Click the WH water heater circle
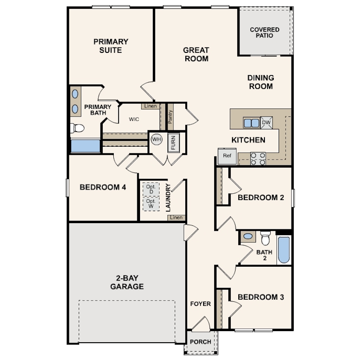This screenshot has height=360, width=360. click(x=156, y=139)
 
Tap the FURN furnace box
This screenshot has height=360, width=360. click(x=174, y=143)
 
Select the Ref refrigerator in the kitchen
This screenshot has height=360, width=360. click(x=227, y=156)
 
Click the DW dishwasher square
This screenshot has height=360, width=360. click(x=266, y=123)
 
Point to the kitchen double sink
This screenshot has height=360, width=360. click(x=252, y=123)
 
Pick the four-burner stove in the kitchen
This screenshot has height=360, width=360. click(x=258, y=159)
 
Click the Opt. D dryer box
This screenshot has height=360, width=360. click(x=151, y=189)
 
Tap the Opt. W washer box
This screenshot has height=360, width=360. click(x=151, y=204)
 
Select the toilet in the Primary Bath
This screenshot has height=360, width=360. click(x=77, y=128)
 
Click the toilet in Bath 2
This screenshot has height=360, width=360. click(x=265, y=238)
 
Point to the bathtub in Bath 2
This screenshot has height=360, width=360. click(x=284, y=250)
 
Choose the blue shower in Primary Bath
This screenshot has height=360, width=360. click(x=85, y=146)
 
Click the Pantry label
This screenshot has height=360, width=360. click(x=170, y=117)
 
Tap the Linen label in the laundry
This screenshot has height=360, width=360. click(x=176, y=217)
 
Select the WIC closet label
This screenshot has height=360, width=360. click(x=134, y=119)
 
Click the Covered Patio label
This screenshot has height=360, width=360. click(x=264, y=32)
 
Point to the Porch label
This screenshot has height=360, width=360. click(x=200, y=342)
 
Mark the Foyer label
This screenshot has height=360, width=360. click(x=200, y=304)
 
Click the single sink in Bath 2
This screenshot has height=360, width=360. click(x=248, y=236)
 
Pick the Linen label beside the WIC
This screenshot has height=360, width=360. click(x=151, y=106)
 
